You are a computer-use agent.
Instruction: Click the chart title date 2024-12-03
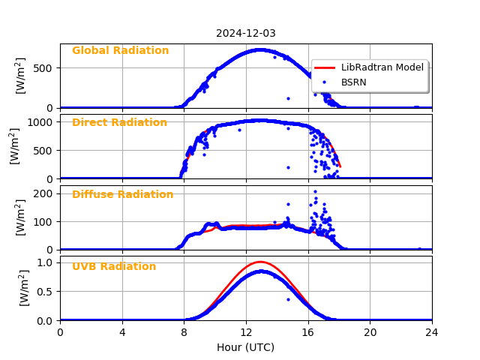[x=246, y=33]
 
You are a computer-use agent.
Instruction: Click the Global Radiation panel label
[x=120, y=51]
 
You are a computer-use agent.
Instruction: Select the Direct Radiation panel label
[x=119, y=123]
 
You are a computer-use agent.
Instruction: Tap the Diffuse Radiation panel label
[x=122, y=195]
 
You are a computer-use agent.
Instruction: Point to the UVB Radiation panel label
[x=114, y=267]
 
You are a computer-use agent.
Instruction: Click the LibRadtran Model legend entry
[x=382, y=67]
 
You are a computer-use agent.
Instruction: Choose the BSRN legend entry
[x=353, y=82]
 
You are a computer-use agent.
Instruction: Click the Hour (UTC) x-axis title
[x=246, y=347]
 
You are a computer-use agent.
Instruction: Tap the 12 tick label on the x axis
[x=246, y=332]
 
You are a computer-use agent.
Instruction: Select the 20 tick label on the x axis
[x=370, y=332]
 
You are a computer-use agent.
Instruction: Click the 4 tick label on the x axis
[x=122, y=332]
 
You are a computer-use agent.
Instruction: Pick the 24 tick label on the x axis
[x=432, y=332]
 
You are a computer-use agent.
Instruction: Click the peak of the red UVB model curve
[x=260, y=262]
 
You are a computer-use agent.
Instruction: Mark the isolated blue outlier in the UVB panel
[x=288, y=299]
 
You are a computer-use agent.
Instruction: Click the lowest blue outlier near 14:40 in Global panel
[x=288, y=98]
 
